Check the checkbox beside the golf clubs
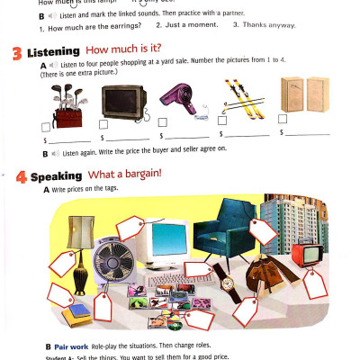click(47, 127)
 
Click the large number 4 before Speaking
click(20, 176)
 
